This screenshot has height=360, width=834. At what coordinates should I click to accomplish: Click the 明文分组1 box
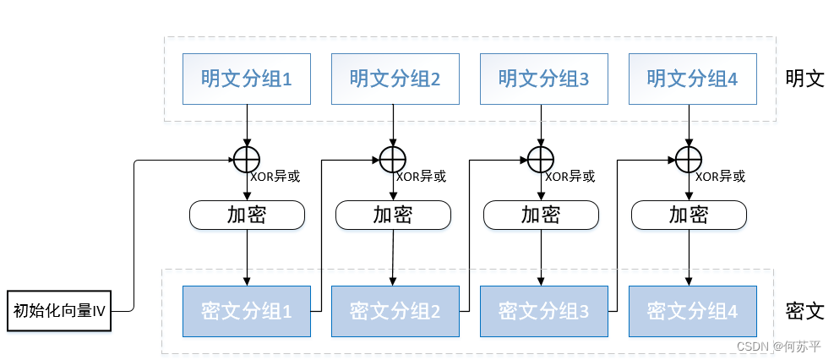246,79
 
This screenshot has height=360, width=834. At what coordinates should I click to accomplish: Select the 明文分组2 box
395,79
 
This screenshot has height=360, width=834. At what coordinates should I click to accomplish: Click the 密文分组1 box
246,311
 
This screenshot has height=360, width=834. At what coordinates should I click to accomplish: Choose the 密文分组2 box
395,311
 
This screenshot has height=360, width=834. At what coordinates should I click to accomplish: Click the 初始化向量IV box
59,311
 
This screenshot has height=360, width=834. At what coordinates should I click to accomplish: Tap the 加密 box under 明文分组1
246,215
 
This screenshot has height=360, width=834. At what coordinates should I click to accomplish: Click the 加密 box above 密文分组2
393,215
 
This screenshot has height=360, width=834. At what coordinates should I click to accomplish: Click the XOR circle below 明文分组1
246,157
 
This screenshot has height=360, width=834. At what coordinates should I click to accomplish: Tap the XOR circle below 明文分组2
391,157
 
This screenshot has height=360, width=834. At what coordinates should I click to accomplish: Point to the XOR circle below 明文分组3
540,157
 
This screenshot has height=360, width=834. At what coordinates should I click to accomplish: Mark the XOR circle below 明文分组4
689,157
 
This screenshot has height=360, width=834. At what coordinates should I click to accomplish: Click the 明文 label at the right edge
804,79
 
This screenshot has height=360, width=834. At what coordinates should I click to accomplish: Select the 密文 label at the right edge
804,310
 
